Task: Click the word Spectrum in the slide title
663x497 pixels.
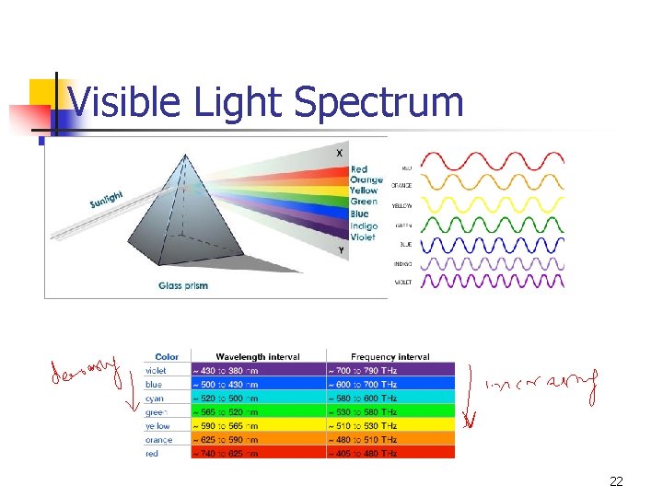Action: (x=378, y=102)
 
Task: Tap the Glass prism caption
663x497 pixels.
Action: (x=183, y=285)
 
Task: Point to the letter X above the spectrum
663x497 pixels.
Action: (x=341, y=153)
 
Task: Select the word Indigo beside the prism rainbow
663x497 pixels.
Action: (x=363, y=226)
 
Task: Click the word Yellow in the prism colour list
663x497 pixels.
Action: (x=364, y=191)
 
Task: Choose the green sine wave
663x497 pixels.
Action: (x=492, y=223)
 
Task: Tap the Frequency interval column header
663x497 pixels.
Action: (x=390, y=356)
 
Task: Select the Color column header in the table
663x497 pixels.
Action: (x=167, y=356)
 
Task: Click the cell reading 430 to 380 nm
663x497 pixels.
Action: (x=227, y=370)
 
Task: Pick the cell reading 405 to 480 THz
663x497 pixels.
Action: (x=366, y=453)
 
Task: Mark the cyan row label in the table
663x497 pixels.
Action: (x=155, y=398)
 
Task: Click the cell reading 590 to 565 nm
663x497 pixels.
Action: (x=227, y=425)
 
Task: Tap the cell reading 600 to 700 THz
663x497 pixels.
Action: (x=366, y=384)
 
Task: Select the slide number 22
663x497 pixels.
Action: (x=616, y=481)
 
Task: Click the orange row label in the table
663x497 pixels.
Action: (x=158, y=439)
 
